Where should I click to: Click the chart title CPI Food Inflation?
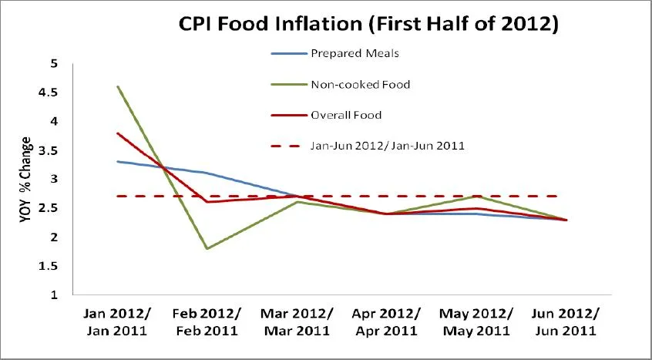(368, 24)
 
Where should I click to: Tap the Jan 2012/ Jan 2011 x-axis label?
(118, 322)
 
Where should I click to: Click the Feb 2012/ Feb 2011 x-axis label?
(207, 322)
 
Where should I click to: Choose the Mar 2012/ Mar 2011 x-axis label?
(297, 322)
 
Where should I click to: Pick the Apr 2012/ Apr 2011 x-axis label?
(387, 322)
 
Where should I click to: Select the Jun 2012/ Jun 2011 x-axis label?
(566, 322)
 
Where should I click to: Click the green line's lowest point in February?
(207, 248)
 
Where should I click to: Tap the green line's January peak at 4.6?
(117, 86)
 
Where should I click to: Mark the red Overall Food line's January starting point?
(117, 133)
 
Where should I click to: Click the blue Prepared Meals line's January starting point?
(117, 162)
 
